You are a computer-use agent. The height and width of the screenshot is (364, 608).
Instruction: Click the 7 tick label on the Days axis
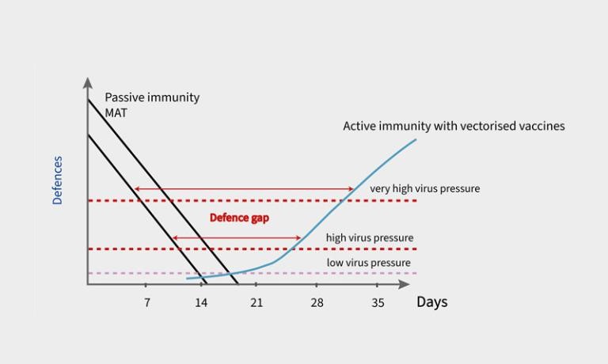147,302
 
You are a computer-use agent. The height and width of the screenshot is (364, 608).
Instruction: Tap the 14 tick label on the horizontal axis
201,302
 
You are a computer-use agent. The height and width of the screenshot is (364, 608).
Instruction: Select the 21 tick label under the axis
256,302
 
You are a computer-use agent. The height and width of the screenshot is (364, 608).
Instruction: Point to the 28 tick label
317,302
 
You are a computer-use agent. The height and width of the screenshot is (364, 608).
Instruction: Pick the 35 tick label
378,302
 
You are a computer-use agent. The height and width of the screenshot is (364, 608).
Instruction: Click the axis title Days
431,302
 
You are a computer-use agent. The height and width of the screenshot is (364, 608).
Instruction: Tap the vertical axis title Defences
58,180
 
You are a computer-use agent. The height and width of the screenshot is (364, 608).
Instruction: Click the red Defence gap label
239,218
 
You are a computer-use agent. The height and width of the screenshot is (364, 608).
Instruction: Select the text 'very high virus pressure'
424,188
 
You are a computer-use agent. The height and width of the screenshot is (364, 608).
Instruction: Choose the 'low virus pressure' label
368,263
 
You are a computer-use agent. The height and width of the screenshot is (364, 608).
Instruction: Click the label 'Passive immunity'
152,97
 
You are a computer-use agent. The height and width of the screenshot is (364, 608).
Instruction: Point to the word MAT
116,112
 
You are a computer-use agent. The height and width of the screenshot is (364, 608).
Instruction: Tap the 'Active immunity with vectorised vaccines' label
454,126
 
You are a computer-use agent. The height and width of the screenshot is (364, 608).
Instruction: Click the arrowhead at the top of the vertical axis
87,82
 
